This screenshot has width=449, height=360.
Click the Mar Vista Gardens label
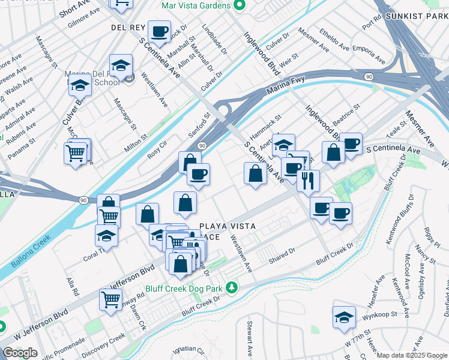196,5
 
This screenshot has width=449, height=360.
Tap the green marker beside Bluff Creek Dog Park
232,289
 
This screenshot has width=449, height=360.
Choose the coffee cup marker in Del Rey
159,31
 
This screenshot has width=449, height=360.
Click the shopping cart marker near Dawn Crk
110,298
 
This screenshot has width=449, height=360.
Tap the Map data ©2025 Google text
412,355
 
